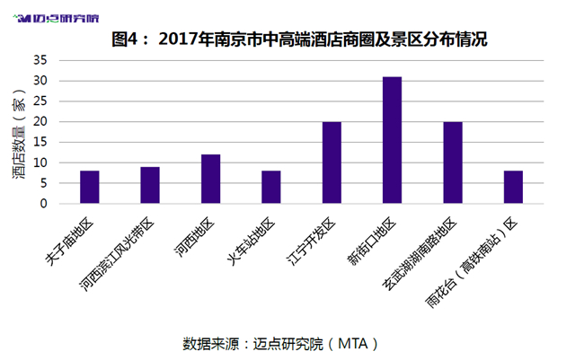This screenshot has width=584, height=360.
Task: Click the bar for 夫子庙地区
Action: pyautogui.click(x=90, y=187)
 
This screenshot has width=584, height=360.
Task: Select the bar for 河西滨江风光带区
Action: pyautogui.click(x=150, y=185)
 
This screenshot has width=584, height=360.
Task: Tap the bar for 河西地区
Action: pyautogui.click(x=211, y=179)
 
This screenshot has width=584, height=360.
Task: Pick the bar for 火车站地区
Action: pyautogui.click(x=271, y=187)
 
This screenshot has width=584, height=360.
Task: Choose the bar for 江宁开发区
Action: pyautogui.click(x=332, y=162)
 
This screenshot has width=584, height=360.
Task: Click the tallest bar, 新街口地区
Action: pyautogui.click(x=393, y=140)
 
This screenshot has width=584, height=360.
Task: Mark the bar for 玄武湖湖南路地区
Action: pyautogui.click(x=453, y=162)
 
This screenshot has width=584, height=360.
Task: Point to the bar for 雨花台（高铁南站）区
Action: pyautogui.click(x=513, y=187)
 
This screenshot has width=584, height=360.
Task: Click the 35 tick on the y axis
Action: pyautogui.click(x=40, y=60)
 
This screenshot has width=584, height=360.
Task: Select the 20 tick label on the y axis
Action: pyautogui.click(x=40, y=121)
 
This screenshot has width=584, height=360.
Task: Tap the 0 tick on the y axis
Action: pyautogui.click(x=44, y=204)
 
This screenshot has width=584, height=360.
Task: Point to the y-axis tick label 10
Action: pyautogui.click(x=40, y=162)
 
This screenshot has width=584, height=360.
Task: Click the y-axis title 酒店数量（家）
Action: pyautogui.click(x=19, y=134)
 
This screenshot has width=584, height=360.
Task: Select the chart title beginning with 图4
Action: pyautogui.click(x=299, y=40)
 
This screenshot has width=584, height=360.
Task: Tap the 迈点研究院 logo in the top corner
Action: pyautogui.click(x=56, y=18)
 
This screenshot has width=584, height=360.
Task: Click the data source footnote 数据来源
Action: pyautogui.click(x=280, y=344)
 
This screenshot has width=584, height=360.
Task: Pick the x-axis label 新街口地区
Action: pyautogui.click(x=371, y=241)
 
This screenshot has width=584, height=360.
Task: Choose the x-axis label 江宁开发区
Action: pyautogui.click(x=311, y=241)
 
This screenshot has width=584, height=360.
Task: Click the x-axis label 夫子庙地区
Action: pyautogui.click(x=69, y=241)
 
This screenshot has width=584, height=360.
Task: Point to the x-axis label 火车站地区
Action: pyautogui.click(x=251, y=241)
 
